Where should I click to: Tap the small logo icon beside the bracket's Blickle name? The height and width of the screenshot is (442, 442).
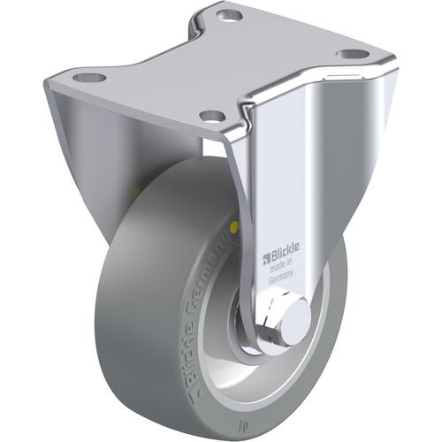click(267, 259)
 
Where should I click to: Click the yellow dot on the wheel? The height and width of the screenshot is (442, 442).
click(233, 225)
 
